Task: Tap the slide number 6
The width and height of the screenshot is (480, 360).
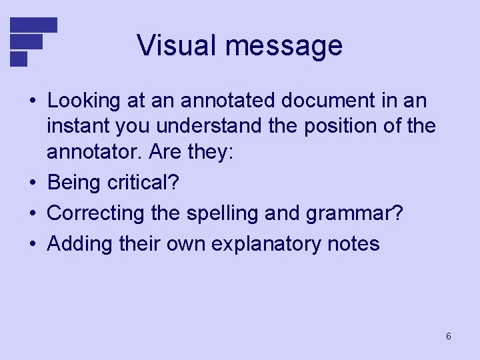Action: (449, 336)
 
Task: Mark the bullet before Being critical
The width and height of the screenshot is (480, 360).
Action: (33, 183)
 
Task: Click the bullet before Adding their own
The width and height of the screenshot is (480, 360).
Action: (33, 244)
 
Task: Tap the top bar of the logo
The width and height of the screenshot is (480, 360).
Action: (34, 25)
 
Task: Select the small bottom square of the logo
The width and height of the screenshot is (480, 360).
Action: (19, 59)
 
